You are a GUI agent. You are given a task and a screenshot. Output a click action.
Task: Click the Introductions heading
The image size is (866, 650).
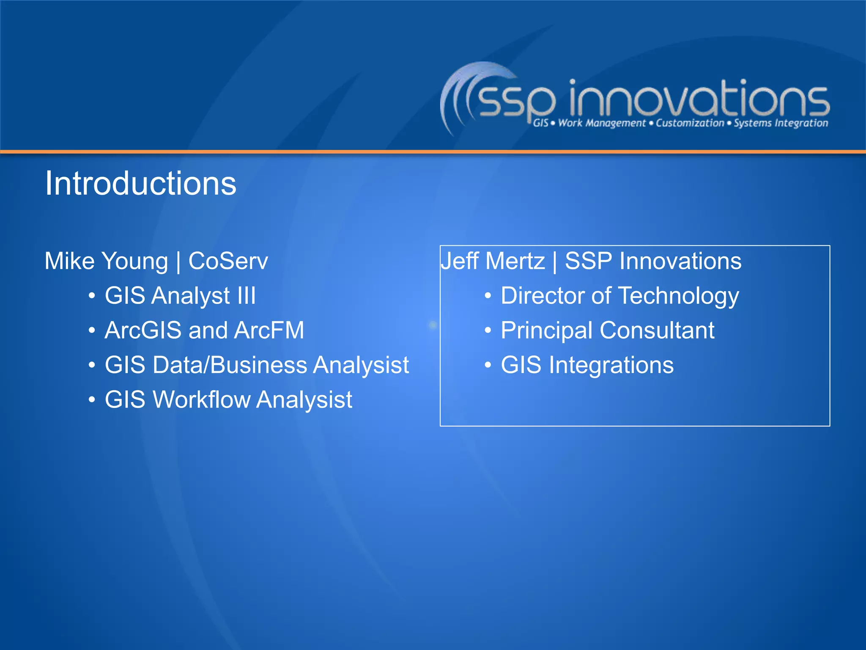pos(140,184)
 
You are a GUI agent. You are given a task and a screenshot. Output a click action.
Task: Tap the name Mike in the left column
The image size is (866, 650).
pos(69,261)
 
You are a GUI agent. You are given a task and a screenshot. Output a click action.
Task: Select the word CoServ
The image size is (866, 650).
pos(228,261)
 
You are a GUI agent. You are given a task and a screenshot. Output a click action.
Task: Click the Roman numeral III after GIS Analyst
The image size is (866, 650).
pos(246,295)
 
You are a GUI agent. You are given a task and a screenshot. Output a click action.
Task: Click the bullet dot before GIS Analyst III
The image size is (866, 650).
pos(92,296)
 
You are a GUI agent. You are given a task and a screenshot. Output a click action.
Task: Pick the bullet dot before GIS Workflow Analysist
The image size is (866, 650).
pos(92,400)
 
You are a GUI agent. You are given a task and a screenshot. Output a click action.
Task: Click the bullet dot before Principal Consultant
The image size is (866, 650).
pos(488,331)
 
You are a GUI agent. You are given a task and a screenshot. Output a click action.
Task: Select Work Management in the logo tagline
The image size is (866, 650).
pos(602,123)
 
